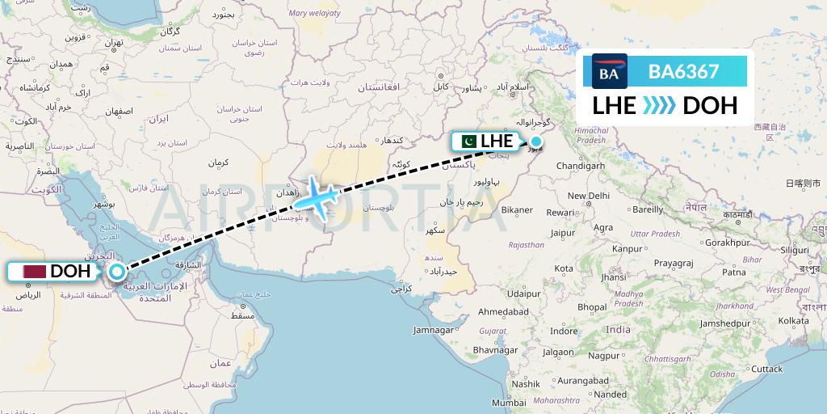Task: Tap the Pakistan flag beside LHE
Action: tap(467, 142)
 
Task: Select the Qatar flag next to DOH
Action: tap(35, 272)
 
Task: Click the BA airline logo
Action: tap(610, 72)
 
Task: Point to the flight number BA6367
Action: tap(683, 72)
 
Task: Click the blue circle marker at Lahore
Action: tap(535, 142)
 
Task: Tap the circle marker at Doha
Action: tap(117, 272)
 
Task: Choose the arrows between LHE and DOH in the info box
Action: tap(659, 105)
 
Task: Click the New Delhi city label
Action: tap(588, 196)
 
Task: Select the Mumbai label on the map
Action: tap(509, 402)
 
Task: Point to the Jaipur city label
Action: tap(562, 233)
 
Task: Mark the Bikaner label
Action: tap(516, 210)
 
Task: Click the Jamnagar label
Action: tap(455, 330)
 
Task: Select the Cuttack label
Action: tap(767, 369)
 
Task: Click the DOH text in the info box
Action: tap(709, 105)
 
